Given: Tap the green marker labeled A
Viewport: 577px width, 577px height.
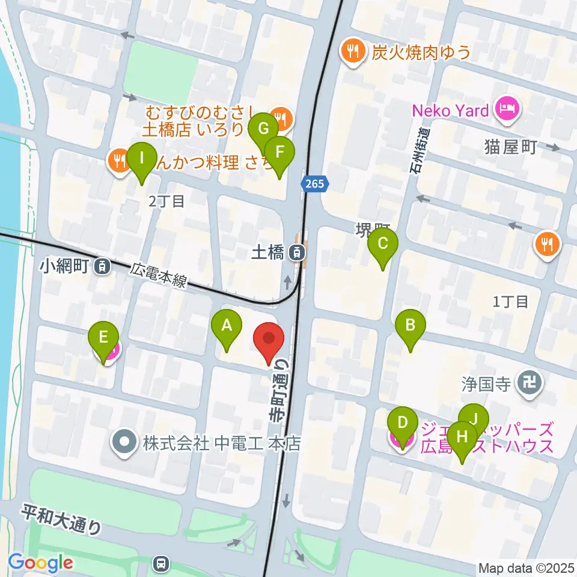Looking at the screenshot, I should (227, 326).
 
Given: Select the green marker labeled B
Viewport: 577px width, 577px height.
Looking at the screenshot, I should (411, 326).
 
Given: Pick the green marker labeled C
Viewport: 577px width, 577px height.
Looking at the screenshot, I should (383, 245).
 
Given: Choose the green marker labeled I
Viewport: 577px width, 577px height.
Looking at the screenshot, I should (142, 159).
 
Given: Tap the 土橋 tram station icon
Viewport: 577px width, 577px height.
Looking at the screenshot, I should (296, 253).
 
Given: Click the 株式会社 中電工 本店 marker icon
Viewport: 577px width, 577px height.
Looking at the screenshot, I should (125, 444).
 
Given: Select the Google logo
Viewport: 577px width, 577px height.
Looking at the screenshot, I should (40, 563).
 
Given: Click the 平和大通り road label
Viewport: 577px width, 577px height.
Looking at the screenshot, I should (63, 521).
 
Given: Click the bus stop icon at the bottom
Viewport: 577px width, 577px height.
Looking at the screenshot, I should (160, 563).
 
